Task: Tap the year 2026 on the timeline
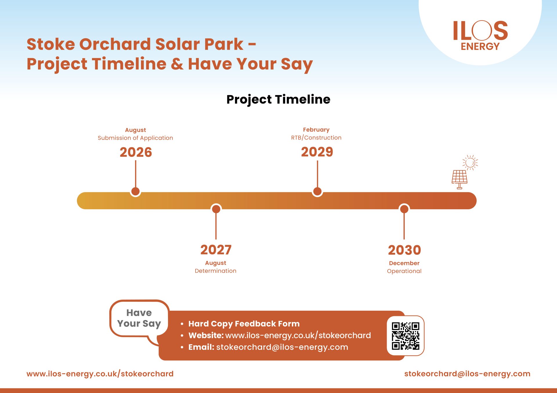(136, 152)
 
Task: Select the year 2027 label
(216, 250)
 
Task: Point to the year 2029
(317, 152)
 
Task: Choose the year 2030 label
(404, 250)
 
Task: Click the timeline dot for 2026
(135, 191)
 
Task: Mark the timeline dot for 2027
(216, 209)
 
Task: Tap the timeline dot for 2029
(317, 191)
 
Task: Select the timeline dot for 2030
(404, 209)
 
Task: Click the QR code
(406, 336)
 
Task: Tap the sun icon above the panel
(470, 163)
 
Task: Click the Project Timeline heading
(278, 99)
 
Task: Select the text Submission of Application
(135, 138)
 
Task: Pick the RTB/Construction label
(316, 138)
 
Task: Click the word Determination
(216, 271)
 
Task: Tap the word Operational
(404, 271)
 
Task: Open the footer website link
(100, 374)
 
